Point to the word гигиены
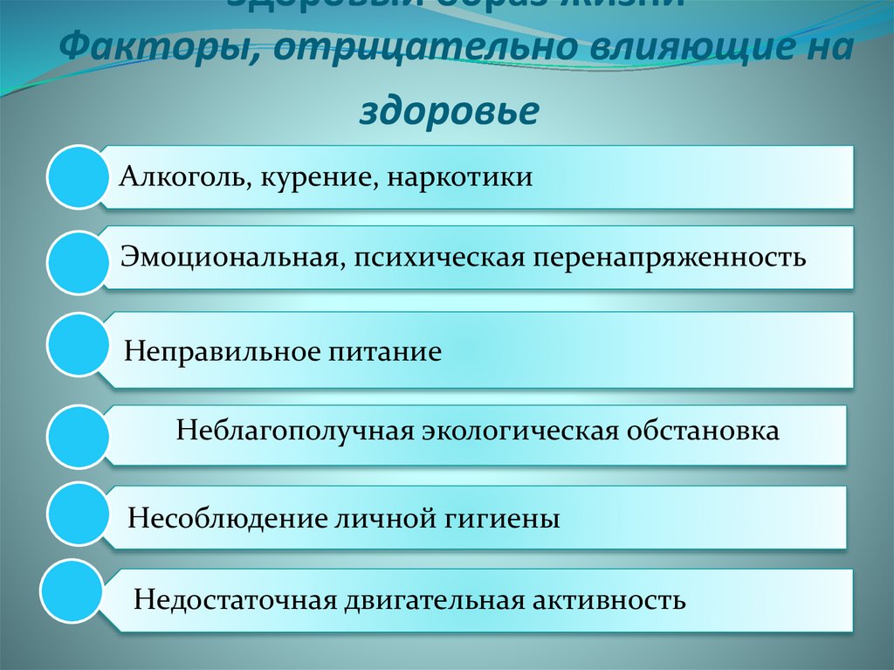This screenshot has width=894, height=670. click(510, 519)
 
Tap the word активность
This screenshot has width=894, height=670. click(609, 601)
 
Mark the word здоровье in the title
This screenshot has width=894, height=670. click(448, 111)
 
